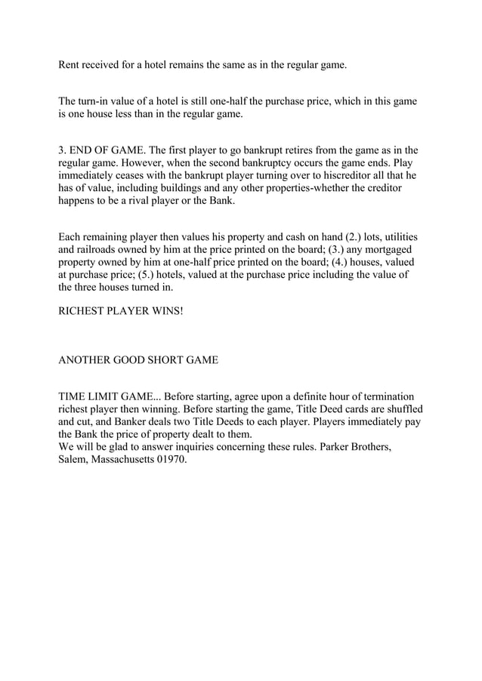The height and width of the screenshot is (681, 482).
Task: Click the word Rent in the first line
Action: (x=70, y=66)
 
